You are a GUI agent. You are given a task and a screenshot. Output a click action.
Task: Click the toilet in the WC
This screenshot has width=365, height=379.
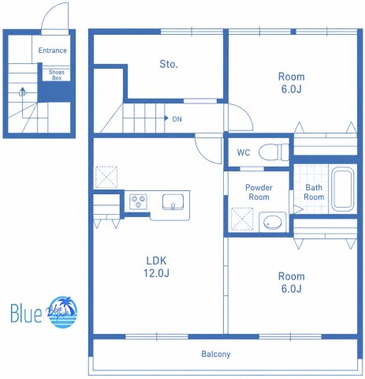click(274, 152)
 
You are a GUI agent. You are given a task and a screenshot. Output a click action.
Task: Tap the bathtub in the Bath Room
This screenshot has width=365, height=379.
click(342, 189)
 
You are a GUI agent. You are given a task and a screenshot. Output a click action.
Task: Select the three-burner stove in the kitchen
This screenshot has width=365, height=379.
click(138, 201)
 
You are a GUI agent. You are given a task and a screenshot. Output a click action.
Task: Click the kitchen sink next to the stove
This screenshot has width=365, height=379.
click(173, 202)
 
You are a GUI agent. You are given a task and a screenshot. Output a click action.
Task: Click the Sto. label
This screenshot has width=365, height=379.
click(169, 64)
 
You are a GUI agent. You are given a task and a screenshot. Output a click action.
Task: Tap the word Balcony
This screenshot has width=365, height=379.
click(216, 354)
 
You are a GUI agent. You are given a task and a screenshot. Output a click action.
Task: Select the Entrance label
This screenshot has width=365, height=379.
click(53, 51)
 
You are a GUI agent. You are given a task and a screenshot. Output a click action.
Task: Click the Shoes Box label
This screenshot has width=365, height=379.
click(57, 75)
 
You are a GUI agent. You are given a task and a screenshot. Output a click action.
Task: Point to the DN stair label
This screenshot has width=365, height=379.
click(177, 119)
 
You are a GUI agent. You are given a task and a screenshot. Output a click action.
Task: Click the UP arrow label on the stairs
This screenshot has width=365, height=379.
click(23, 93)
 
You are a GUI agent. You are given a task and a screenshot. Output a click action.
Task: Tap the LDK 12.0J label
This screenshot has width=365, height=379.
click(156, 267)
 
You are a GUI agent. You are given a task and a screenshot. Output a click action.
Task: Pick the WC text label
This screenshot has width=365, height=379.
click(244, 152)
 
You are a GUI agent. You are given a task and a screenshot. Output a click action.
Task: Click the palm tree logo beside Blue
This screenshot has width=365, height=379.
click(62, 313)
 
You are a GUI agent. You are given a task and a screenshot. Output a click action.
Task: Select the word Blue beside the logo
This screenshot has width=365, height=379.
click(26, 313)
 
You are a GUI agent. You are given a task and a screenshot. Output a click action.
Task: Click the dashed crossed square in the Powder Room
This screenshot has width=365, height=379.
click(242, 220)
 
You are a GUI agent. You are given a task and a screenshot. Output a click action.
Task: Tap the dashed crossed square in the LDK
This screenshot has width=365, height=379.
click(106, 177)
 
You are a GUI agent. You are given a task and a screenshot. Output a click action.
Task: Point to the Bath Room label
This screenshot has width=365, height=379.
click(314, 192)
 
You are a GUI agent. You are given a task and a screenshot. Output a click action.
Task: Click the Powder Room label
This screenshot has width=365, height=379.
click(259, 192)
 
